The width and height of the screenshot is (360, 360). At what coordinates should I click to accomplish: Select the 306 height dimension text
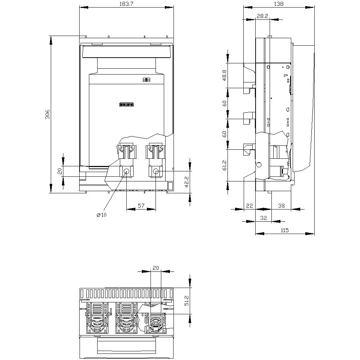pos(48,114)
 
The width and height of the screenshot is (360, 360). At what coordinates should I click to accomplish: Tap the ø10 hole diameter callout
pos(102,215)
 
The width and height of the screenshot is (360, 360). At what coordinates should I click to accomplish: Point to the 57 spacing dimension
pos(141,206)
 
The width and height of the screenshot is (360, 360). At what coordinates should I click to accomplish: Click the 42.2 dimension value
pos(186,182)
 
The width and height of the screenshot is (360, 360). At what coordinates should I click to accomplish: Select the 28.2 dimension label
pos(262,16)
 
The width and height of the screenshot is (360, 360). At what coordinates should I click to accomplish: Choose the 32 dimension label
pos(263,218)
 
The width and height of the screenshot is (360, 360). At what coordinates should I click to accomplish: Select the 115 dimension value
pos(284,230)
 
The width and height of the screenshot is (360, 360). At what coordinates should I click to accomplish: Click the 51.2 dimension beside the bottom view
pos(186,301)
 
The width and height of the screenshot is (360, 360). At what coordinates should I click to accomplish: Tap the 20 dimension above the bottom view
pos(156,268)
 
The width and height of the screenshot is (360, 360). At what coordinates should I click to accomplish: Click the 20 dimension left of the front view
pos(60,171)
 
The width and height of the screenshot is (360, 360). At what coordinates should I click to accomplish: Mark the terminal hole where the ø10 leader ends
pos(126,172)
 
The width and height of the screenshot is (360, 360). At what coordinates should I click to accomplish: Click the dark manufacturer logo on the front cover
pos(126,104)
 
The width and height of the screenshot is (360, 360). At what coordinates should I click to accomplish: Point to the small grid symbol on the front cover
pos(146,80)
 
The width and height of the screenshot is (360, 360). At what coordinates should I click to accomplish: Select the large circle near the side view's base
pos(258,165)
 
